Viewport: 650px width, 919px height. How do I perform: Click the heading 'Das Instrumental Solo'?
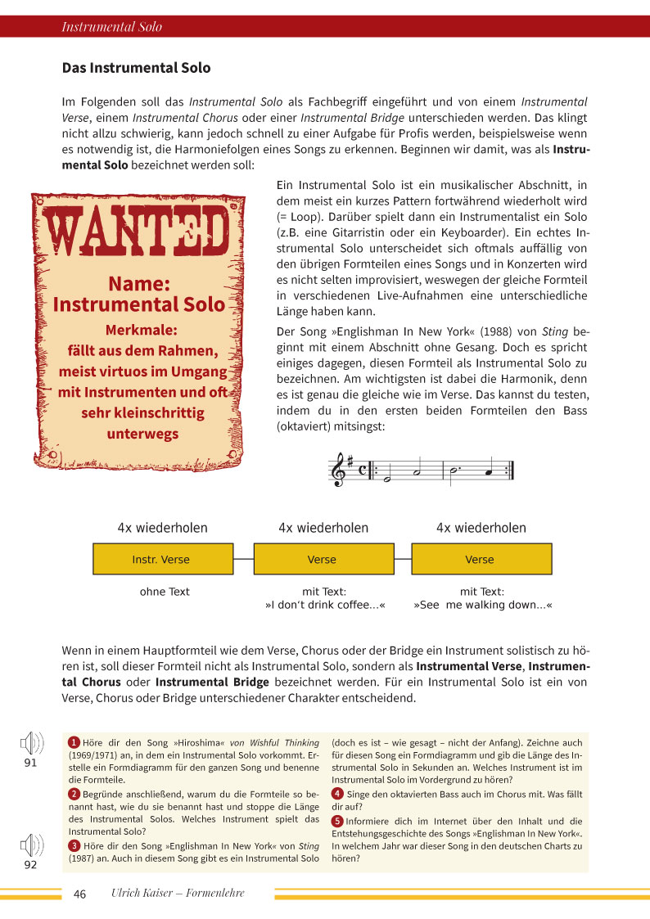pos(136,68)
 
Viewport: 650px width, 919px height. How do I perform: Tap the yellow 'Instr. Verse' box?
pos(160,560)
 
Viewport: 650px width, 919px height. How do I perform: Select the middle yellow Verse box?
pos(322,560)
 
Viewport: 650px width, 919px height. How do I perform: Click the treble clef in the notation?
pos(336,471)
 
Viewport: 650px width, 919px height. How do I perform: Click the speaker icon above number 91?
pos(31,744)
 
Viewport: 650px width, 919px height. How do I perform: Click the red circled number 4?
pos(336,794)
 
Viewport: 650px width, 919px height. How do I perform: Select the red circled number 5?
pos(336,821)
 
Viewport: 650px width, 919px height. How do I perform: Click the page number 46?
pos(79,894)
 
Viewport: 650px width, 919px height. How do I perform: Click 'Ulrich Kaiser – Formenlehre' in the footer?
pos(178,894)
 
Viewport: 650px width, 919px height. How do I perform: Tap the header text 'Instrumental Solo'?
pos(112,27)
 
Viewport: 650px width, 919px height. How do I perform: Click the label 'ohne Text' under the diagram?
pos(165,592)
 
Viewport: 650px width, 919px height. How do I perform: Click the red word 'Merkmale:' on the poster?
pos(141,331)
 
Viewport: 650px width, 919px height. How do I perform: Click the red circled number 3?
pos(74,845)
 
